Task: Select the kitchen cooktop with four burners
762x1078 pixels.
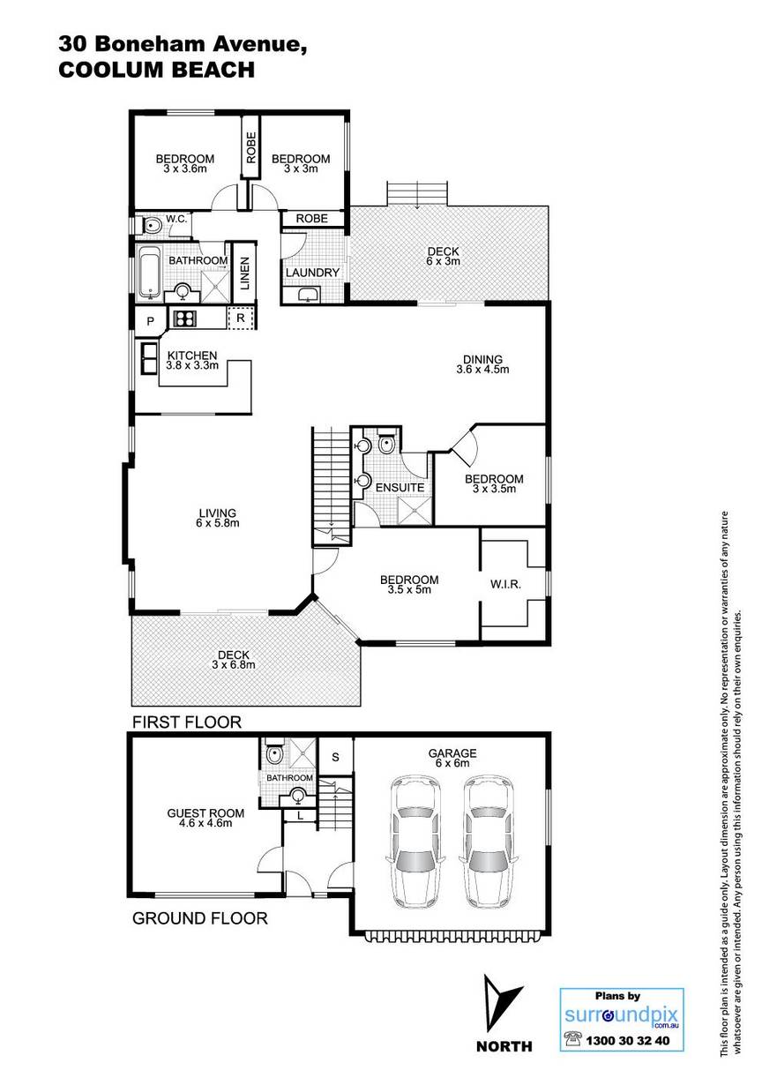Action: click(185, 318)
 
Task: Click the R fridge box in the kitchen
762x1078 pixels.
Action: click(241, 318)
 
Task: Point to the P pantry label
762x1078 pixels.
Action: click(150, 321)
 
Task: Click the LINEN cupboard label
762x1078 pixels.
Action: click(244, 273)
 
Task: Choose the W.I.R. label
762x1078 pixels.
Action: click(505, 585)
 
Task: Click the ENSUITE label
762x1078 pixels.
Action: click(400, 488)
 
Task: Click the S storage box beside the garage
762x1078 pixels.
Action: click(336, 757)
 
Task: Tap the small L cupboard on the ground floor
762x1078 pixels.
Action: click(300, 815)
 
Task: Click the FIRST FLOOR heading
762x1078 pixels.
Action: click(187, 722)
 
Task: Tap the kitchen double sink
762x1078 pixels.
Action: click(149, 357)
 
